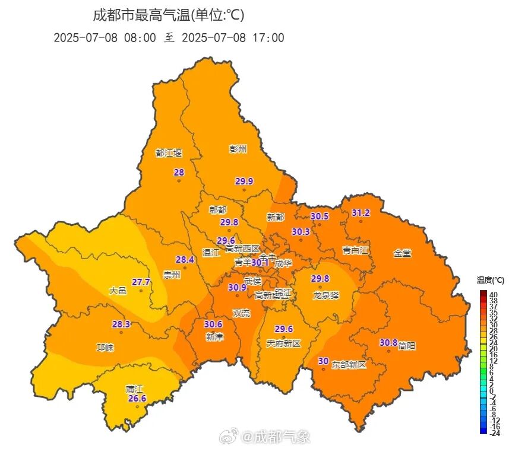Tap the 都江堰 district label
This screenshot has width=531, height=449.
[169, 152]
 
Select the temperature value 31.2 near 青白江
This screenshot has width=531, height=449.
[361, 213]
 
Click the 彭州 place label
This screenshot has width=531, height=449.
[238, 149]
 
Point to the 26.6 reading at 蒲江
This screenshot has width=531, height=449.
[137, 399]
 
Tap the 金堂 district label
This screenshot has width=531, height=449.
[402, 253]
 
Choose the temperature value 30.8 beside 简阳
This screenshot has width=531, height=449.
[388, 342]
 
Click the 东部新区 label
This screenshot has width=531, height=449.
[349, 364]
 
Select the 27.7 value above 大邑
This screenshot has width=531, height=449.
[141, 282]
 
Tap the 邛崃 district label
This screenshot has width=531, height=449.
[105, 347]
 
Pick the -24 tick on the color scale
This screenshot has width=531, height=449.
[494, 433]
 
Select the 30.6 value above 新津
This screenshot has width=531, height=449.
[213, 324]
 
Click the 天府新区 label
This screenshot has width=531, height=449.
[284, 343]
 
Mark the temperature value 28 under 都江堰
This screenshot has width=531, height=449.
[178, 173]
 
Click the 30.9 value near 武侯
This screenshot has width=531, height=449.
[237, 287]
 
